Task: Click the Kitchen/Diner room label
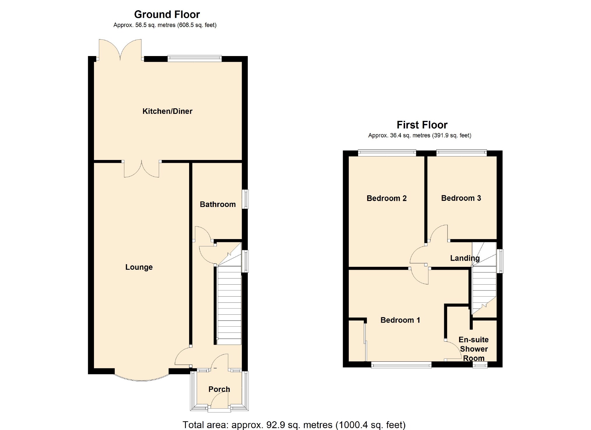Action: [x=167, y=111]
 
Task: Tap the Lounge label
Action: [x=139, y=267]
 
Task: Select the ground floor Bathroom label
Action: [x=218, y=204]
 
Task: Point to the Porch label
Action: [x=219, y=389]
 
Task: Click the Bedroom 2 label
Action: [x=387, y=199]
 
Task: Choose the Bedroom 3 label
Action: [x=461, y=198]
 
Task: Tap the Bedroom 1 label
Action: [x=400, y=320]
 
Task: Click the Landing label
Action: [x=465, y=258]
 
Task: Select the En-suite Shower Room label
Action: [x=474, y=349]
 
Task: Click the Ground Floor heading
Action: [x=167, y=14]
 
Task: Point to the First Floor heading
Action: [x=422, y=125]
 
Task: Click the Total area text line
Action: [x=294, y=425]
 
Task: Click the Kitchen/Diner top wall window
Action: [x=195, y=58]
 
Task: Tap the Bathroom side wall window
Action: [x=245, y=199]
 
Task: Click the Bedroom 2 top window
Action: [x=387, y=153]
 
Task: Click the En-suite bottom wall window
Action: [x=480, y=365]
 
